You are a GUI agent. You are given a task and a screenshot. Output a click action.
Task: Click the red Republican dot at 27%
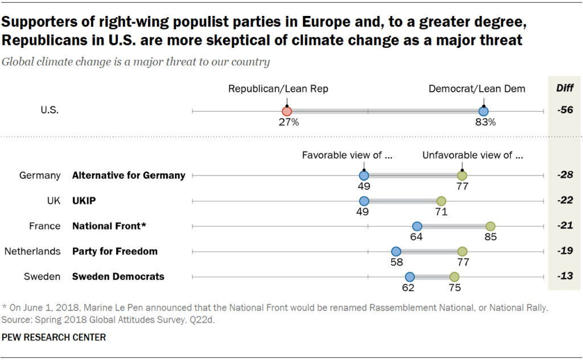click(287, 112)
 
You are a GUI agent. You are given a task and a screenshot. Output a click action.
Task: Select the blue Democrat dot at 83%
click(483, 112)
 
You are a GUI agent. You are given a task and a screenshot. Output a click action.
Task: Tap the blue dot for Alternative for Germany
click(364, 175)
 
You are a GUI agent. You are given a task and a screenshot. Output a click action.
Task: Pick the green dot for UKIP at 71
click(441, 201)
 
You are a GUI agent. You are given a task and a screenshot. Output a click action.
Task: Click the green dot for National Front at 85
click(490, 226)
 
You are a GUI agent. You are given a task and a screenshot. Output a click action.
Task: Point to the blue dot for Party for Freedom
click(396, 251)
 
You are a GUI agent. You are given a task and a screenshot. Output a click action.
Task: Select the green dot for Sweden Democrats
click(454, 277)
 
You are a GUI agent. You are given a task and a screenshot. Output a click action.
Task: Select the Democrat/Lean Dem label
click(477, 88)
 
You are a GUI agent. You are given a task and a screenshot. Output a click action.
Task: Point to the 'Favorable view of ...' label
click(347, 154)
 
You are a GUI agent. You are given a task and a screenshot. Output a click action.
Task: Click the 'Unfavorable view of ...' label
click(472, 154)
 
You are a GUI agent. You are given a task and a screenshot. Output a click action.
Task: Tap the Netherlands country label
click(32, 251)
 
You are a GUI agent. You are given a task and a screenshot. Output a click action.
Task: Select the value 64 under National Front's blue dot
click(417, 237)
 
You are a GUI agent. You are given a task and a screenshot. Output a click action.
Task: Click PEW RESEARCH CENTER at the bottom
click(54, 337)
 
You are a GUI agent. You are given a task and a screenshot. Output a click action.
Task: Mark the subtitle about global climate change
click(136, 62)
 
